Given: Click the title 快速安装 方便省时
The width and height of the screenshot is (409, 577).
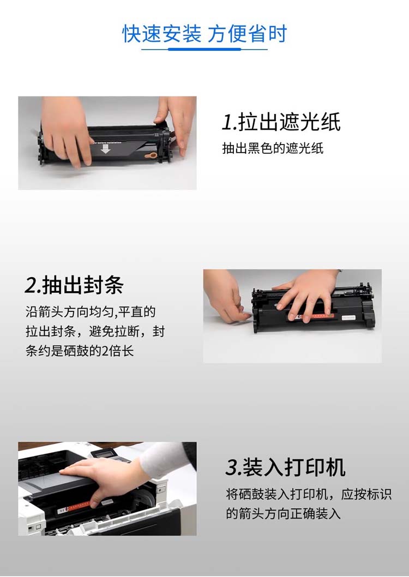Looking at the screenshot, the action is pos(204,34).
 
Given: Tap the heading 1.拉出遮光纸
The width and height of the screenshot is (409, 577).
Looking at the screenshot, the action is pos(281,122).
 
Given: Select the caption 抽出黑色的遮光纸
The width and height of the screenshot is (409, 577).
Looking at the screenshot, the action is pos(273,148).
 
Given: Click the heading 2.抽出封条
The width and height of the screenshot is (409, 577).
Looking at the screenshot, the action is pos(74,285).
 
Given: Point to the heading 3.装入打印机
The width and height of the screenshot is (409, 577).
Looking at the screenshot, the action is pos(285,467).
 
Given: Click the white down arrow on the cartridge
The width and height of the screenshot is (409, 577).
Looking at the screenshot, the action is pos(106,149).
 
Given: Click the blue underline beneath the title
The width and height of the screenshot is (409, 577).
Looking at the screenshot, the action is pos(204,49).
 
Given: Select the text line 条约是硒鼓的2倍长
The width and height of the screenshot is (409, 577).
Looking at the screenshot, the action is pos(80,351).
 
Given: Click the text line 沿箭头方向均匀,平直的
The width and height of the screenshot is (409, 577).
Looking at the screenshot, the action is pos(91,312).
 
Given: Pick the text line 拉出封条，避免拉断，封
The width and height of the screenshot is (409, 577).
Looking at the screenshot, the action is pos(95,332).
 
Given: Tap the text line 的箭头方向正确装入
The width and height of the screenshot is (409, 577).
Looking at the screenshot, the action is pos(283,513).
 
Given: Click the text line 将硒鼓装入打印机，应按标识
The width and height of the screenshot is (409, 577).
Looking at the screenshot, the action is pos(309,494).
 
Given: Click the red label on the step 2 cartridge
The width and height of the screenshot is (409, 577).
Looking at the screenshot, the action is pos(313,315).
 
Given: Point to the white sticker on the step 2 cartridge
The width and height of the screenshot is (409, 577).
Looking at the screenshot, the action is pos(348,317).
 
